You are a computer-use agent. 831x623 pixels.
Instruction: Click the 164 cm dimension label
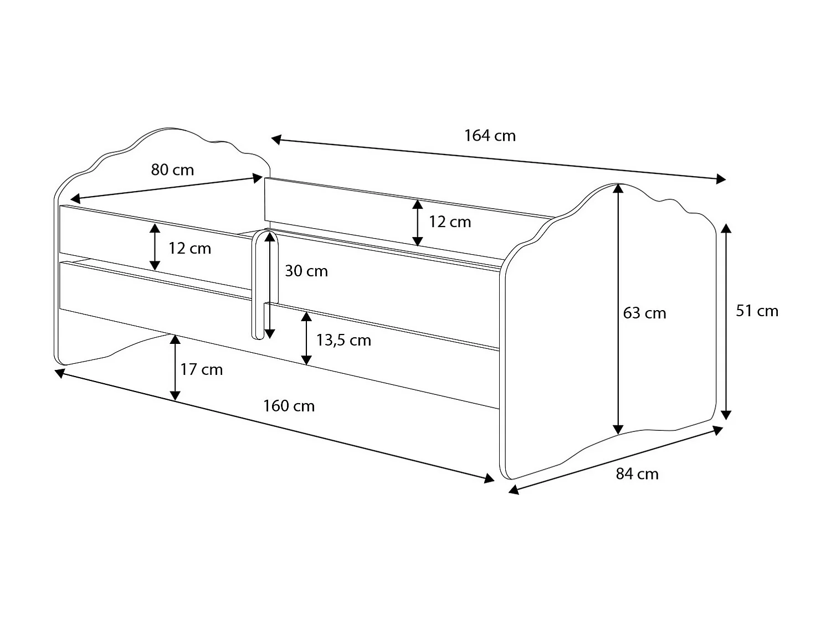[490, 136]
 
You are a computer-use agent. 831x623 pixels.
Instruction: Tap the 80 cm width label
[172, 169]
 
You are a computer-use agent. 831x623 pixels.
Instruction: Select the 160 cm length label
[289, 406]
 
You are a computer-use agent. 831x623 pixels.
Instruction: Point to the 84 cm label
[637, 474]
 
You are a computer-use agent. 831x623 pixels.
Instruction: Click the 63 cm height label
[644, 313]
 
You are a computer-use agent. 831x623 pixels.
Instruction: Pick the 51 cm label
[757, 311]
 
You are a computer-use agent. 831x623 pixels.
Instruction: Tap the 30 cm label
[306, 271]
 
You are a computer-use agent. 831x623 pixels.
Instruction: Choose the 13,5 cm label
[343, 340]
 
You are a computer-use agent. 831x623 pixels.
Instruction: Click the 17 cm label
[201, 369]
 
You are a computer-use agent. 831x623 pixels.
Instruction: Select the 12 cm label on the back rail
[449, 222]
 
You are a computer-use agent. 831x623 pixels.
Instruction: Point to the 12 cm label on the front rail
[189, 248]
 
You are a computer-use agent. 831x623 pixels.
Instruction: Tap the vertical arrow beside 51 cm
[726, 321]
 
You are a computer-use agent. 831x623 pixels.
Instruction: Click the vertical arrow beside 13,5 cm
[306, 338]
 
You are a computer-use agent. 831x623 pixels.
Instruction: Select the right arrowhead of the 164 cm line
[721, 178]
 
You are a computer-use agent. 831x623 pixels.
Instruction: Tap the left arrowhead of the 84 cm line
[514, 490]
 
